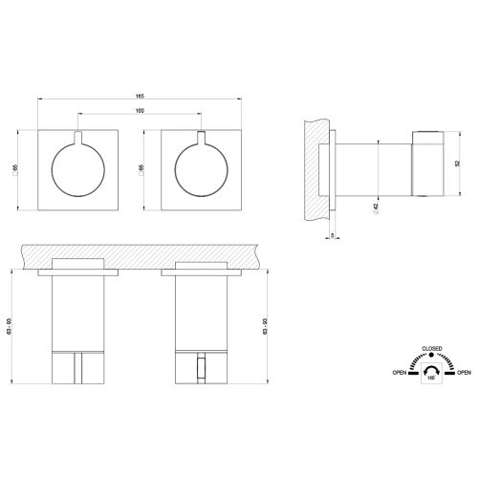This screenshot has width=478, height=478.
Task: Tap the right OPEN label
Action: tap(464, 372)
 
